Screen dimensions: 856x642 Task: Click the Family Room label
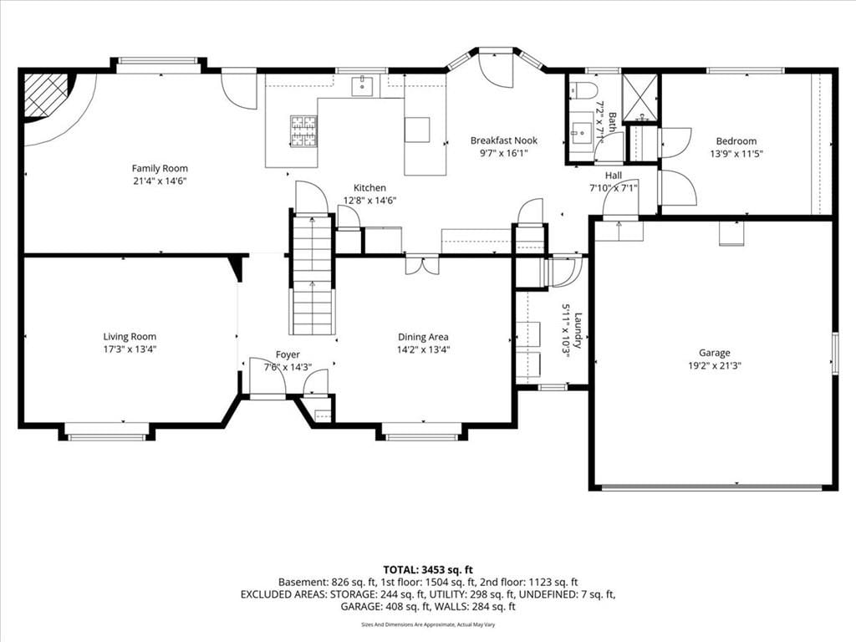160,169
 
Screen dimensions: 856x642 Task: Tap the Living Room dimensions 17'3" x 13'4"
130,349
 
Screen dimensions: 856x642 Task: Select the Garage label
715,354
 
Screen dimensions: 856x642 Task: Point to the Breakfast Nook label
504,140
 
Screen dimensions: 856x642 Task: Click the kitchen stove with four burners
303,131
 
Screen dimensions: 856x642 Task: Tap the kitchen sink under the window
363,86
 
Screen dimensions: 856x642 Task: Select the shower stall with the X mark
641,97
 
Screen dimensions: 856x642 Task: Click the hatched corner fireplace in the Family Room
46,95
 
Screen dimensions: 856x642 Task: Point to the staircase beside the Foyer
312,274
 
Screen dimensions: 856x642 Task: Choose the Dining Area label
423,337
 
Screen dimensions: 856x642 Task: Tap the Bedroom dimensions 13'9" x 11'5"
736,154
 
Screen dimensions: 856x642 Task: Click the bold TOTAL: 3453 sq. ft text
428,570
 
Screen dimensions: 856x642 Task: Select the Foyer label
288,354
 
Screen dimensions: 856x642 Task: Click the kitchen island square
417,130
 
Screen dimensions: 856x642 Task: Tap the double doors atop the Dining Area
422,265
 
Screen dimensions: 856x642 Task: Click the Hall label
613,176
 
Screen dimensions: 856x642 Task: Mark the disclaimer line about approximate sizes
428,624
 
